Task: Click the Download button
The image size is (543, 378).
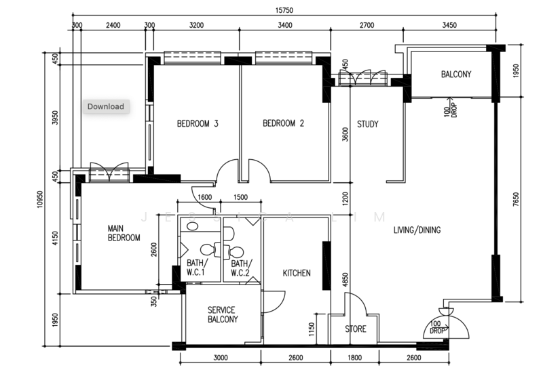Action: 106,106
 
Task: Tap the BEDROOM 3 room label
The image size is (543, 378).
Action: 198,123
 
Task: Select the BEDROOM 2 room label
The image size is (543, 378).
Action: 283,123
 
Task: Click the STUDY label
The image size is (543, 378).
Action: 367,124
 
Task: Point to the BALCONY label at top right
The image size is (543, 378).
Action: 456,75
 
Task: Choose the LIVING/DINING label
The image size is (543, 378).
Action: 417,230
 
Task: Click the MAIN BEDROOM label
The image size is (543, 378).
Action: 124,233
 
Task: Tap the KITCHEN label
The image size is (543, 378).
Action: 297,273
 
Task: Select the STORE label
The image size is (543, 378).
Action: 356,329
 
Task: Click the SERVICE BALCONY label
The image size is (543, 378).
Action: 223,314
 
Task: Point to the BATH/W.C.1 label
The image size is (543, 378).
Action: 197,268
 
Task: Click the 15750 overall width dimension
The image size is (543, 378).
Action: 284,10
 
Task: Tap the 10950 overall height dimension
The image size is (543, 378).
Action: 40,199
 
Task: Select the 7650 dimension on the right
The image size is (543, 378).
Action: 516,200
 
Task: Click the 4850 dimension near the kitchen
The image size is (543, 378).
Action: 345,280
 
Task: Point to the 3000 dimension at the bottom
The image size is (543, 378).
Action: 220,358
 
